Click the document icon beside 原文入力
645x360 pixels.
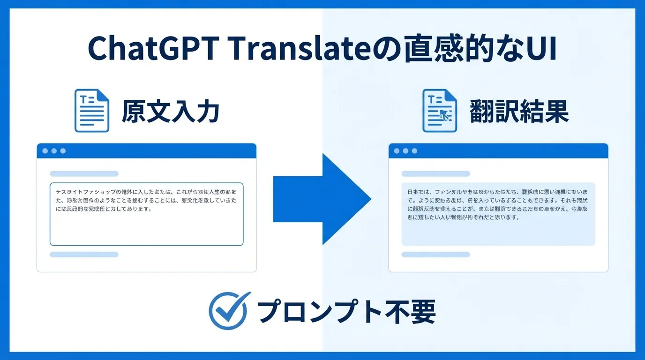[x=92, y=111]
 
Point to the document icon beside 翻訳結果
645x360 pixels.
[x=440, y=111]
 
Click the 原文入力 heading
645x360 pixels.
[x=170, y=112]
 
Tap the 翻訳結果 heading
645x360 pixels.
[x=518, y=112]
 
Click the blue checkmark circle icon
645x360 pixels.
[x=227, y=311]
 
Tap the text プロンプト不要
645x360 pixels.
[x=346, y=311]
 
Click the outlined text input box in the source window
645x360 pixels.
[x=146, y=214]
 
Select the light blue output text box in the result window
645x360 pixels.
[x=498, y=214]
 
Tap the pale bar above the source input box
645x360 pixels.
[x=84, y=173]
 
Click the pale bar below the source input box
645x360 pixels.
[x=84, y=255]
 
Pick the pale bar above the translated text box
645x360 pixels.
[x=435, y=173]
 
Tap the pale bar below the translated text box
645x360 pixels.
[x=435, y=255]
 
